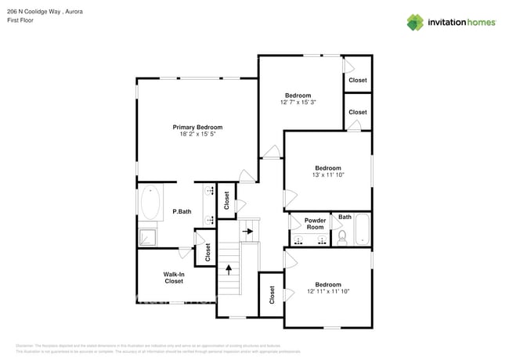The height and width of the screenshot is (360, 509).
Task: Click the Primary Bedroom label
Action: pos(197,127)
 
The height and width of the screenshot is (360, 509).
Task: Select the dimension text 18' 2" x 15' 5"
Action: pos(197,135)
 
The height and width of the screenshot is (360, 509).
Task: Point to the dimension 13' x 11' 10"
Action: pos(327,175)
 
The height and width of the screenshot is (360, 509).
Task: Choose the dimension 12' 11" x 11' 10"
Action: pos(327,292)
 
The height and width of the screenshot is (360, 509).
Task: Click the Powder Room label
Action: pos(315,224)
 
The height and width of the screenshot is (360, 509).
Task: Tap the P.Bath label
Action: pos(182,211)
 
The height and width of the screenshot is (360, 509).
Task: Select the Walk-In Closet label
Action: pos(173,278)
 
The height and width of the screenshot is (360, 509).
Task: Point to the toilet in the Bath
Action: pos(342,236)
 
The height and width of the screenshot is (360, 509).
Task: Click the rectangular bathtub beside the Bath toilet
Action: pos(362,230)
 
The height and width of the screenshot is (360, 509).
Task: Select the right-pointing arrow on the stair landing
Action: pos(248,232)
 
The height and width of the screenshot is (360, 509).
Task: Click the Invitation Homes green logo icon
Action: pos(415,22)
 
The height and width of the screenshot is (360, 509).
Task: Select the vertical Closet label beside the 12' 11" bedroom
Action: pos(272,295)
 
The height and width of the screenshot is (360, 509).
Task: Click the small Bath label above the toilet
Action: pos(345,217)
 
